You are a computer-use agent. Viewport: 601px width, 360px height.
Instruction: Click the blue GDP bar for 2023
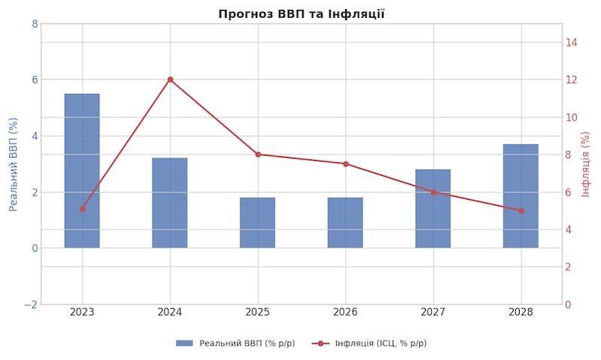[82, 171]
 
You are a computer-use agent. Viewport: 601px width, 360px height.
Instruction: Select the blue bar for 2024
[170, 203]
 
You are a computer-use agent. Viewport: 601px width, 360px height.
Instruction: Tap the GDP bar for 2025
[257, 222]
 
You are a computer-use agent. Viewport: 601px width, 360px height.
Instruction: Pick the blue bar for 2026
[345, 222]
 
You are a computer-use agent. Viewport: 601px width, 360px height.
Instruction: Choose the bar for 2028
[521, 195]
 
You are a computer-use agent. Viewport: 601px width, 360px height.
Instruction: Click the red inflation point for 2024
[170, 79]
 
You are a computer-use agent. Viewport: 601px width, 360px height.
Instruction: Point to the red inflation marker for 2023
[82, 209]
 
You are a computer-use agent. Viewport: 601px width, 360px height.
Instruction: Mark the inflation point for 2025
[257, 154]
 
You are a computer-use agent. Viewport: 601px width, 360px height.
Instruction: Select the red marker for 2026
[345, 164]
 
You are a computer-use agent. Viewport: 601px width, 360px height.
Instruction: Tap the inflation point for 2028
[521, 210]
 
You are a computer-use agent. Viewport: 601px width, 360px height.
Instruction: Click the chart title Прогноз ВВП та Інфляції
[301, 14]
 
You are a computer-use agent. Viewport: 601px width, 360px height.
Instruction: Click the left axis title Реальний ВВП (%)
[13, 164]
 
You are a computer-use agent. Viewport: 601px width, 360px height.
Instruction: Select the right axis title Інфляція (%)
[587, 164]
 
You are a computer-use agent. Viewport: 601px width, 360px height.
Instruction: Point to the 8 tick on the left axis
[35, 23]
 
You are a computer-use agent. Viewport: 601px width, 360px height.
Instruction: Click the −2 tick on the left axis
[31, 304]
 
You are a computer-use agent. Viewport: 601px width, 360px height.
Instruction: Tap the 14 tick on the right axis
[571, 42]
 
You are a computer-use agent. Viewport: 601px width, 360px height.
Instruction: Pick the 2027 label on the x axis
[433, 312]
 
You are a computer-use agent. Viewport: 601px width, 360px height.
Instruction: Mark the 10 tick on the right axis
[571, 117]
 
